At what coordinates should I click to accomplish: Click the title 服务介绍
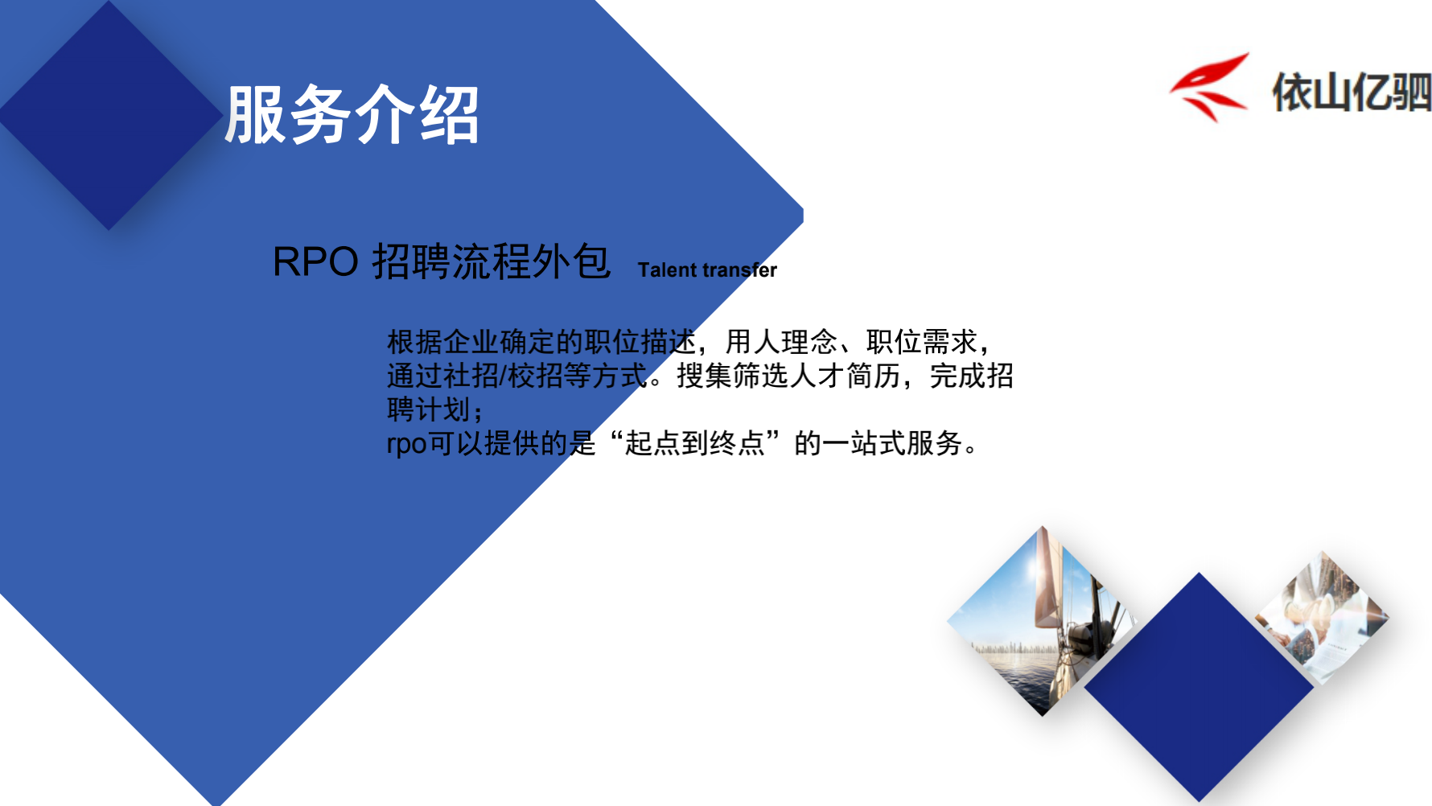coord(352,115)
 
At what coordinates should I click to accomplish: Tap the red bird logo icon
coord(1209,88)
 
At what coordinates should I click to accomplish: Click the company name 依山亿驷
coord(1352,92)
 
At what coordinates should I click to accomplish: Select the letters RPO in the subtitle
coord(315,261)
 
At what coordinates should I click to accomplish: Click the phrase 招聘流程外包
coord(491,261)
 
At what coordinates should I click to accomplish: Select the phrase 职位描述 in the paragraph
coord(640,342)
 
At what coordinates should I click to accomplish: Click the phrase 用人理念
coord(781,342)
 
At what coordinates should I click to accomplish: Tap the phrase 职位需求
coord(922,342)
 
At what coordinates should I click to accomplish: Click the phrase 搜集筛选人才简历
coord(789,376)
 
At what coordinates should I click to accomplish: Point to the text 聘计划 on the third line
coord(429,409)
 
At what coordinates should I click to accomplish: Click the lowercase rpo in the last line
coord(406,444)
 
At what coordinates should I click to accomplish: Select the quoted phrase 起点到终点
coord(694,443)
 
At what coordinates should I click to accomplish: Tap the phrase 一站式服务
coord(892,443)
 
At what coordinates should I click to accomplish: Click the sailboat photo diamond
coord(1043,621)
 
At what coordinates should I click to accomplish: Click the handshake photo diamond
coord(1323,618)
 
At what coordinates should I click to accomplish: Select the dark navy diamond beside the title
coord(109,116)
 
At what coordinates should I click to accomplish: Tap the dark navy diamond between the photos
coord(1199,687)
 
